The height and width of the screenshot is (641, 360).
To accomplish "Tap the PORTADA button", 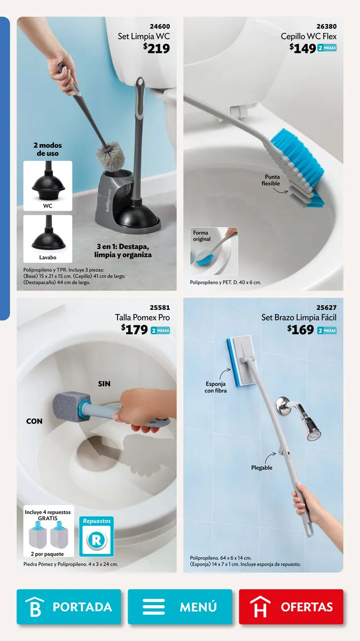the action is (69, 606).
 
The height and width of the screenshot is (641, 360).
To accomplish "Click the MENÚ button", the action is (180, 606).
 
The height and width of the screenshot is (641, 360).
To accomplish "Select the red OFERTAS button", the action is (291, 606).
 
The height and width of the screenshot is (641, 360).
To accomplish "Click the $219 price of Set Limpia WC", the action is (156, 48).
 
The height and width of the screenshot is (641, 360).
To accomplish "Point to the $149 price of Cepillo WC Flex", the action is (302, 48).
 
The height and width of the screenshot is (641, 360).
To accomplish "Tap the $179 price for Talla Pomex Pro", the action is (134, 330).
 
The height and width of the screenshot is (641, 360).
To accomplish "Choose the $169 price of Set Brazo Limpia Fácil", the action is (301, 330).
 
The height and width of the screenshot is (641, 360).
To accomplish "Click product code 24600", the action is (160, 26).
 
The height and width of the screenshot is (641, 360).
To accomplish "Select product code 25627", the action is (326, 308).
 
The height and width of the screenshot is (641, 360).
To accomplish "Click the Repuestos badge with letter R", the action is (97, 536).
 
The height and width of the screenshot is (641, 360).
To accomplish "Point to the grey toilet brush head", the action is (111, 157).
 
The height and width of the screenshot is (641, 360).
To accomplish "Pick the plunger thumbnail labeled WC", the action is (48, 186).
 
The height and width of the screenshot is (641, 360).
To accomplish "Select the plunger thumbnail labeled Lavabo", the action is (48, 239).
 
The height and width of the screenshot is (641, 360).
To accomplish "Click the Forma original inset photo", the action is (214, 251).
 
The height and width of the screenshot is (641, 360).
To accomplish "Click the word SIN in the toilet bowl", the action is (104, 384).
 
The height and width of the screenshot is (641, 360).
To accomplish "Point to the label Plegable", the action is (262, 467).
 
